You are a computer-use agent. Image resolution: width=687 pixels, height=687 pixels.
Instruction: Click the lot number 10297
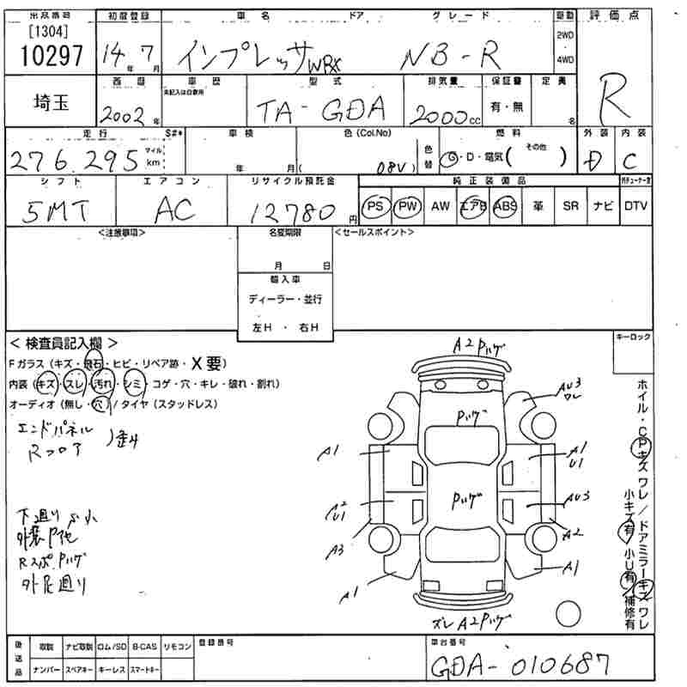51,56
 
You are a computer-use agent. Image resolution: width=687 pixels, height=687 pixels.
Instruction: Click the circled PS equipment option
374,207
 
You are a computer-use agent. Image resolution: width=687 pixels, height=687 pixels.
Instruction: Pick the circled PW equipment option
407,207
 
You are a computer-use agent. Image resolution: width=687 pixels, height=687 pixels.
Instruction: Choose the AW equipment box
440,207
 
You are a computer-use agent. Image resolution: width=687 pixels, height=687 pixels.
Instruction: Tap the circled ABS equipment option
505,207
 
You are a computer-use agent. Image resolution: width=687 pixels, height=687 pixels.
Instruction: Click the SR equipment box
569,207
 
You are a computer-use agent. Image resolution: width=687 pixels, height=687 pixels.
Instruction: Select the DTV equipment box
636,207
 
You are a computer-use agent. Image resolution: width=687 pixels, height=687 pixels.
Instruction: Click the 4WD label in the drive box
565,59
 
